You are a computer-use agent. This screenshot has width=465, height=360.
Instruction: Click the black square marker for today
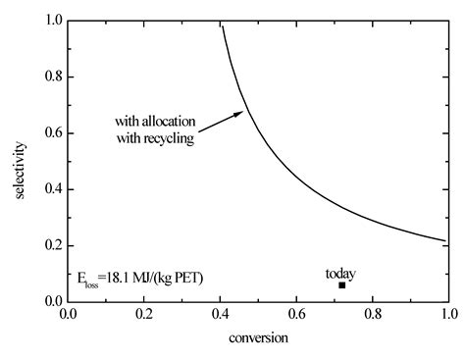pos(341,285)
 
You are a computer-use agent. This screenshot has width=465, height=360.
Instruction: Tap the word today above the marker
pos(340,273)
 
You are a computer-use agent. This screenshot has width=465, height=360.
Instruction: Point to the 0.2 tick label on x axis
pos(144,316)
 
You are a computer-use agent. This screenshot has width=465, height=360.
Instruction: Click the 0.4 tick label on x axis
pos(221,316)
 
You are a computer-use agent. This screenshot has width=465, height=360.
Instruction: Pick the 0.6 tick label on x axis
pos(296,316)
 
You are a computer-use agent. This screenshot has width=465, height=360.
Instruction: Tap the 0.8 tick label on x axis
pos(373,316)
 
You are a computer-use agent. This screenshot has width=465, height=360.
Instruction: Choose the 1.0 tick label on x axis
pos(448,316)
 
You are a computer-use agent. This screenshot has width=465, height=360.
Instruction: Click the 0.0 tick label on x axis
pos(69,316)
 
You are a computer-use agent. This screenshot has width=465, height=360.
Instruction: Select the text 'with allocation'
pos(155,123)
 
